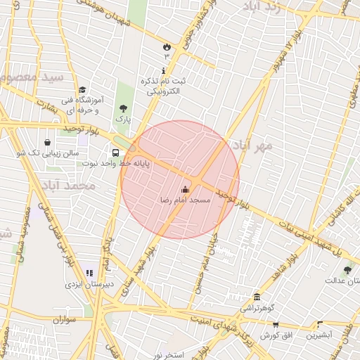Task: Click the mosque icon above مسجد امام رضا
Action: point(186,189)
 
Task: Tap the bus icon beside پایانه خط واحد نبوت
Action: point(115,152)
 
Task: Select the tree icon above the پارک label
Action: point(123,108)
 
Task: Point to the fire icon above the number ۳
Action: point(166,46)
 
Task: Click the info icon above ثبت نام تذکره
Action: point(164,70)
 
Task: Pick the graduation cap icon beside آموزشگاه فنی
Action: point(83,89)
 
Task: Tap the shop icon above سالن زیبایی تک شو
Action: point(47,142)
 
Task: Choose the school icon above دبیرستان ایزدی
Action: point(89,273)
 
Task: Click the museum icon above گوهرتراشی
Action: point(257,297)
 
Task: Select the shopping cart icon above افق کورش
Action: point(276,325)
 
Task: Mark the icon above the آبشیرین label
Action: point(320,325)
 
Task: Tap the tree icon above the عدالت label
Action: point(347,270)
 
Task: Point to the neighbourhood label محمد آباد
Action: point(68,186)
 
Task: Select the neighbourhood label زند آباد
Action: point(259,8)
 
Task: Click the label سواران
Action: point(63,320)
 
